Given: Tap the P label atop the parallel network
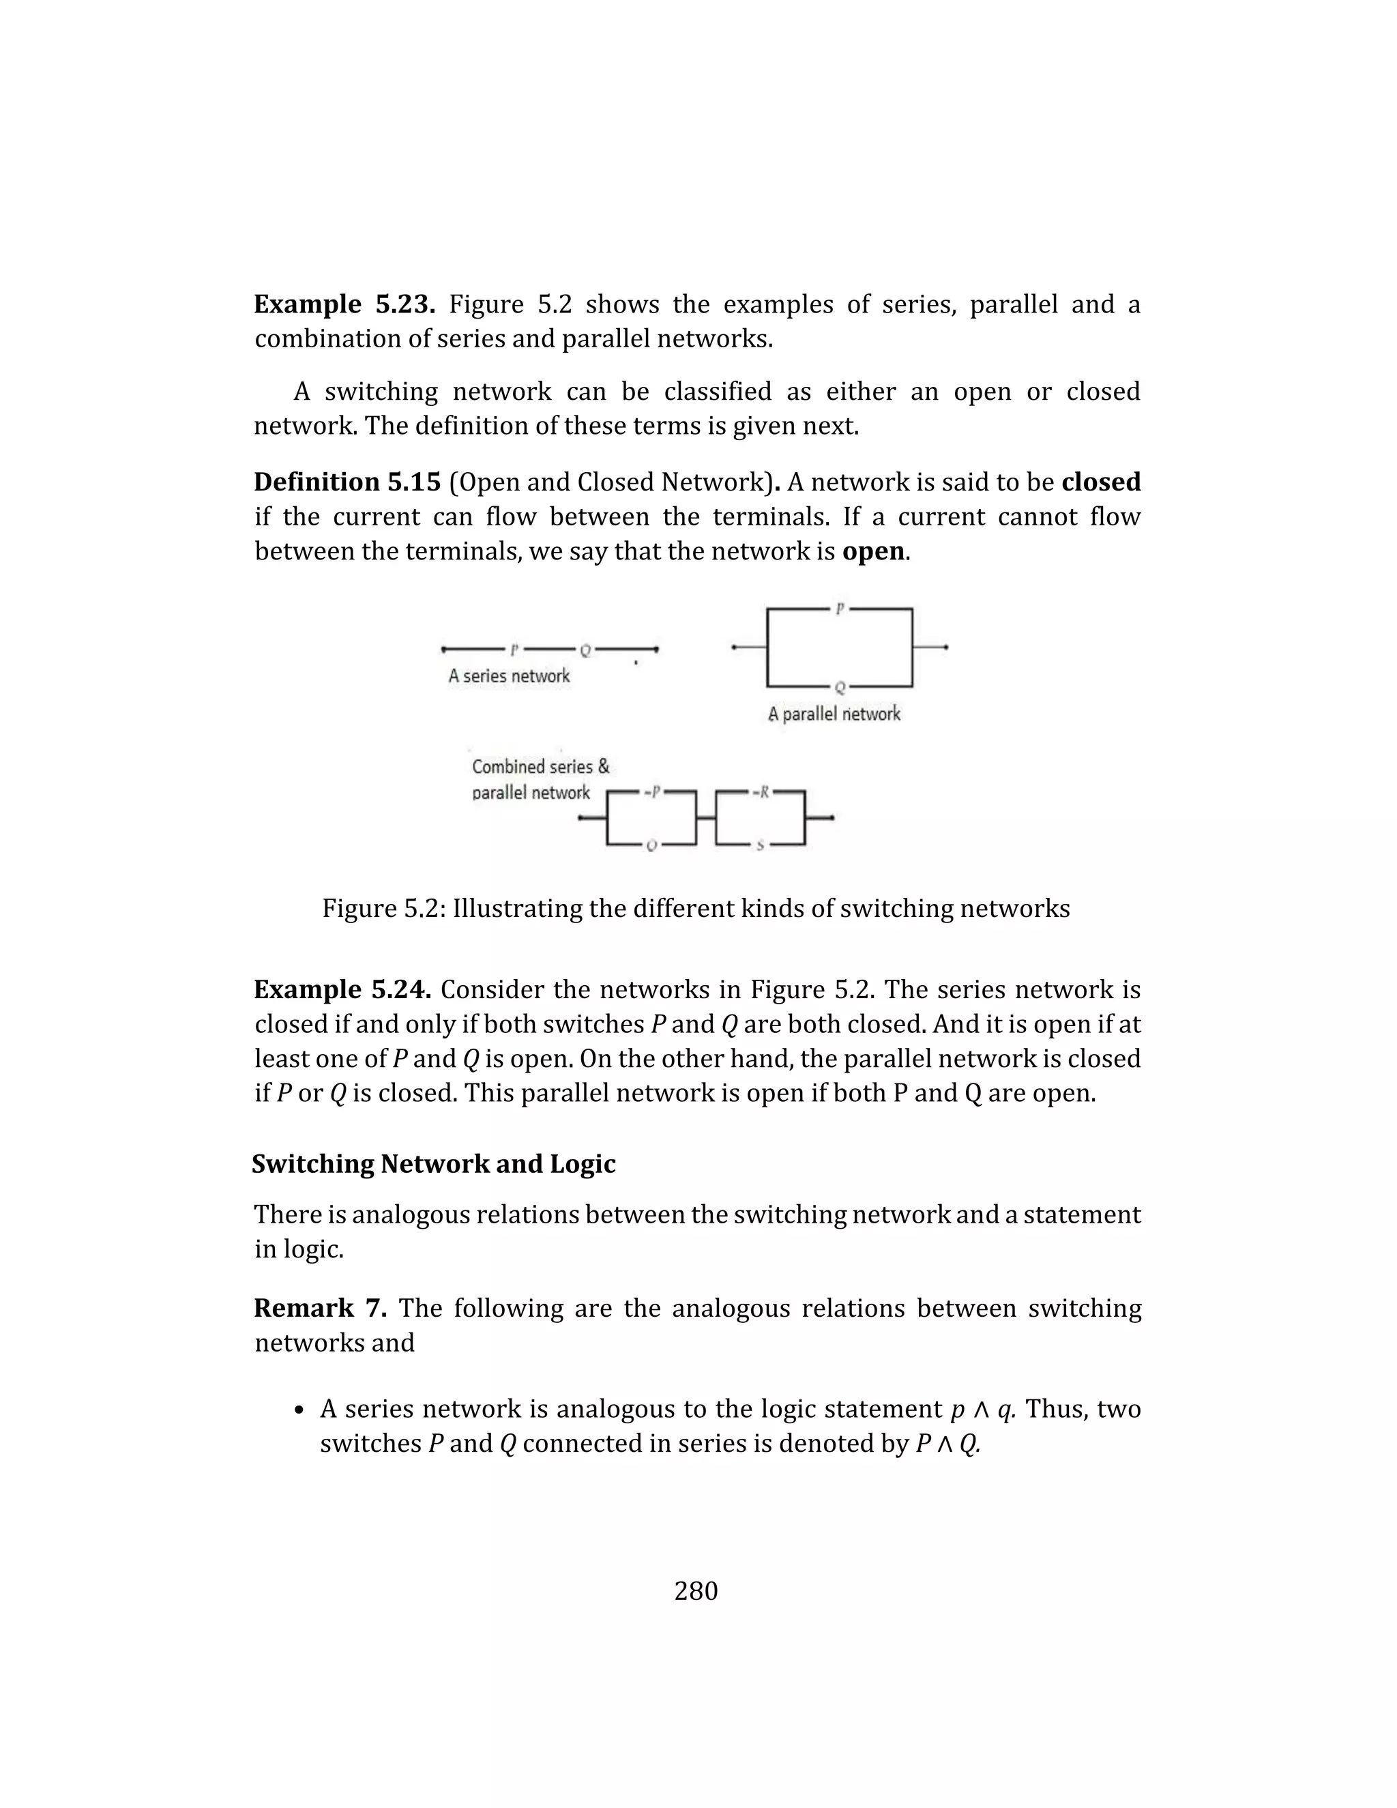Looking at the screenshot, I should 839,609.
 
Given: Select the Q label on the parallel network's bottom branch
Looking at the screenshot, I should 839,687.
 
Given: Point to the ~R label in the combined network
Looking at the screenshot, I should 761,792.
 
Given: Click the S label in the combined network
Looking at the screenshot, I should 760,845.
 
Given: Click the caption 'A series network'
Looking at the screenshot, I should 509,676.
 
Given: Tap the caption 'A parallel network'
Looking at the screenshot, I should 834,714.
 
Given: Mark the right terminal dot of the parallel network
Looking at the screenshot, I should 946,647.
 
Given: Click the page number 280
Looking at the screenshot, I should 696,1591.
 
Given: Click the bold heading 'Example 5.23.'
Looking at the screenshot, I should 344,305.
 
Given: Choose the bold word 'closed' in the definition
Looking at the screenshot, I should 1101,482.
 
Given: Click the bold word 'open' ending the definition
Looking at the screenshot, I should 873,551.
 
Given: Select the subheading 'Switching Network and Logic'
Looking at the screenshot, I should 434,1164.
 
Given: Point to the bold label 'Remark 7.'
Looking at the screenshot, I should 321,1308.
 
